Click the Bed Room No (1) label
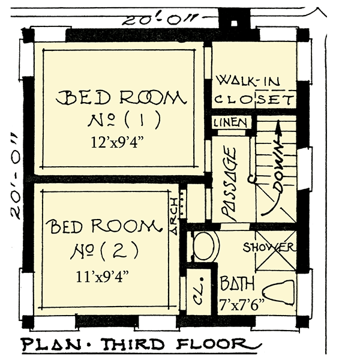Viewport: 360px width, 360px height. (121, 110)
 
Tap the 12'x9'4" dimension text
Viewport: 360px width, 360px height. (118, 142)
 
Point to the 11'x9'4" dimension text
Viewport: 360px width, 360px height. (103, 277)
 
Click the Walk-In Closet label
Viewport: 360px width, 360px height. (253, 91)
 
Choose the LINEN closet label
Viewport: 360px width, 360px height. (230, 123)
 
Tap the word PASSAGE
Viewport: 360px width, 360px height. (229, 184)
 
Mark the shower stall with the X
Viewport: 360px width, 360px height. (275, 250)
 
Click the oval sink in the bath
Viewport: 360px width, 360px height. (205, 246)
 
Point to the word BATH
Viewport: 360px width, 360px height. (237, 283)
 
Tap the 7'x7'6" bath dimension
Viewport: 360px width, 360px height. (242, 305)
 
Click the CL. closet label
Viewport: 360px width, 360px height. (199, 291)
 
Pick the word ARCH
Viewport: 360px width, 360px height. (174, 216)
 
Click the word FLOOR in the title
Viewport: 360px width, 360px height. (214, 344)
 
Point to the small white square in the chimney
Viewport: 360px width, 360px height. (234, 23)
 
